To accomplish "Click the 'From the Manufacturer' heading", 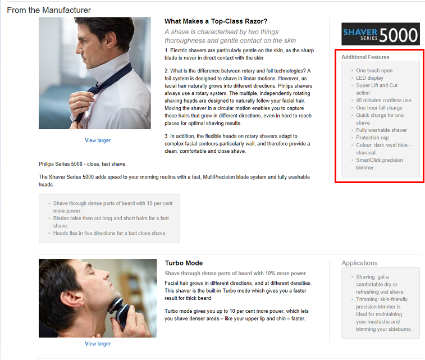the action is point(49,10).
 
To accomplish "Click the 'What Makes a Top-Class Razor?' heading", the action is point(216,21).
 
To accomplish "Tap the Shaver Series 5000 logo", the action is point(381,34).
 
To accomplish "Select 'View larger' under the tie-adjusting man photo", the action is point(98,140).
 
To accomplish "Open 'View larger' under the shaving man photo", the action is point(98,344).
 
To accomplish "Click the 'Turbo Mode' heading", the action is point(184,263).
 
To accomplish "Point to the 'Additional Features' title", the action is point(365,57).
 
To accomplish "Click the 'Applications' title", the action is point(359,263).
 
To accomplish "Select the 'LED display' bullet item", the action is point(370,78).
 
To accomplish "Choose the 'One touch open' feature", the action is point(374,70).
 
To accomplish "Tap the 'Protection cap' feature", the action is point(372,138).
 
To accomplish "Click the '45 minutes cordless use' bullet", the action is point(383,101).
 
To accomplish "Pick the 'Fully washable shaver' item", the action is point(381,130).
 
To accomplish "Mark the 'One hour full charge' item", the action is point(379,108).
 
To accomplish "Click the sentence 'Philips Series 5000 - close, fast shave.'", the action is point(83,164).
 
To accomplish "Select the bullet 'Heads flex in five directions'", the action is point(110,233).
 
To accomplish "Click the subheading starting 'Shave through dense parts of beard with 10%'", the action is point(235,274).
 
